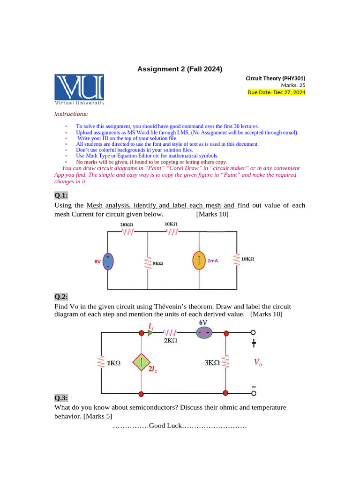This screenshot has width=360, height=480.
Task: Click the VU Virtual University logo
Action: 79,89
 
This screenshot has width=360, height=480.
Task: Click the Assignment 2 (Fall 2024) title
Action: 180,69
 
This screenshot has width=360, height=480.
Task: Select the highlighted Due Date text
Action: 276,92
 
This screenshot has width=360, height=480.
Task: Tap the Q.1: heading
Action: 61,195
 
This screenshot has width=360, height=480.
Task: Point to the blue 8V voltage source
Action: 108,262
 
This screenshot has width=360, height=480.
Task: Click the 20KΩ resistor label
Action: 127,225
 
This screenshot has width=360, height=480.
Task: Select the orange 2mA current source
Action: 199,261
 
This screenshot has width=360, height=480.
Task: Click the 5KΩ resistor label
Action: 157,264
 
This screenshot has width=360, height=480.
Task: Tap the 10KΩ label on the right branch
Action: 247,259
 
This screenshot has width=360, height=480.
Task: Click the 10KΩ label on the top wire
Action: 171,224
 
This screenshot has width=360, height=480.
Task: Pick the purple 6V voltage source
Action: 204,332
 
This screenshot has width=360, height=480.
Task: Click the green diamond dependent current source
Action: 140,362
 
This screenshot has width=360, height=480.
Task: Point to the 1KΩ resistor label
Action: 113,363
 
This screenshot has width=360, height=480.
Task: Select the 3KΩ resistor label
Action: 212,362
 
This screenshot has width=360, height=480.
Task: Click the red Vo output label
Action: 257,362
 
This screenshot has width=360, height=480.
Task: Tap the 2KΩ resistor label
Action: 170,341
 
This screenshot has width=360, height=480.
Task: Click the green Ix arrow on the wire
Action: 150,333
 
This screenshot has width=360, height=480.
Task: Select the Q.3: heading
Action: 61,398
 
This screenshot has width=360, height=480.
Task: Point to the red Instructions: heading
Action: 71,114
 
